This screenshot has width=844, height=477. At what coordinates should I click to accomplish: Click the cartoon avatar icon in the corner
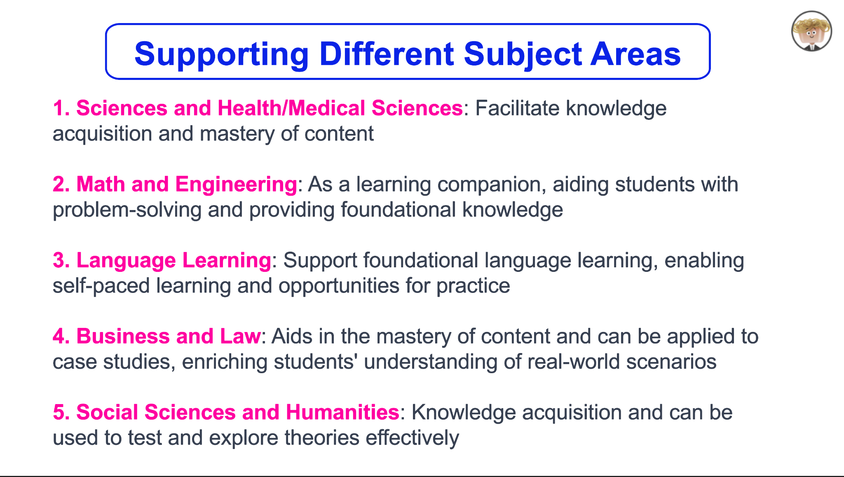click(811, 31)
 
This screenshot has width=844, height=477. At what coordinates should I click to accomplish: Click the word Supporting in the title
click(221, 54)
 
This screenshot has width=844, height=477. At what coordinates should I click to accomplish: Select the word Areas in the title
click(635, 54)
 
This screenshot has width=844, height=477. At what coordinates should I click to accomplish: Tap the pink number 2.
click(61, 184)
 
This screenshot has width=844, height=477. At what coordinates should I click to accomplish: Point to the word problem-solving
click(127, 210)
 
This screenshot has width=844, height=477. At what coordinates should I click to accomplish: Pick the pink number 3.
click(61, 260)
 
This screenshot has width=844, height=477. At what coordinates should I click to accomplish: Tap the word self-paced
click(101, 286)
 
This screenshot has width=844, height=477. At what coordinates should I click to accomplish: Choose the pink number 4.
click(61, 336)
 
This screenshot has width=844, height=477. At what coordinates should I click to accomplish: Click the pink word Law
click(240, 336)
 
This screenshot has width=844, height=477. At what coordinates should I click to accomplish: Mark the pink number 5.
click(61, 412)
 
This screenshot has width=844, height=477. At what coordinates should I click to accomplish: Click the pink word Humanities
click(342, 412)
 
